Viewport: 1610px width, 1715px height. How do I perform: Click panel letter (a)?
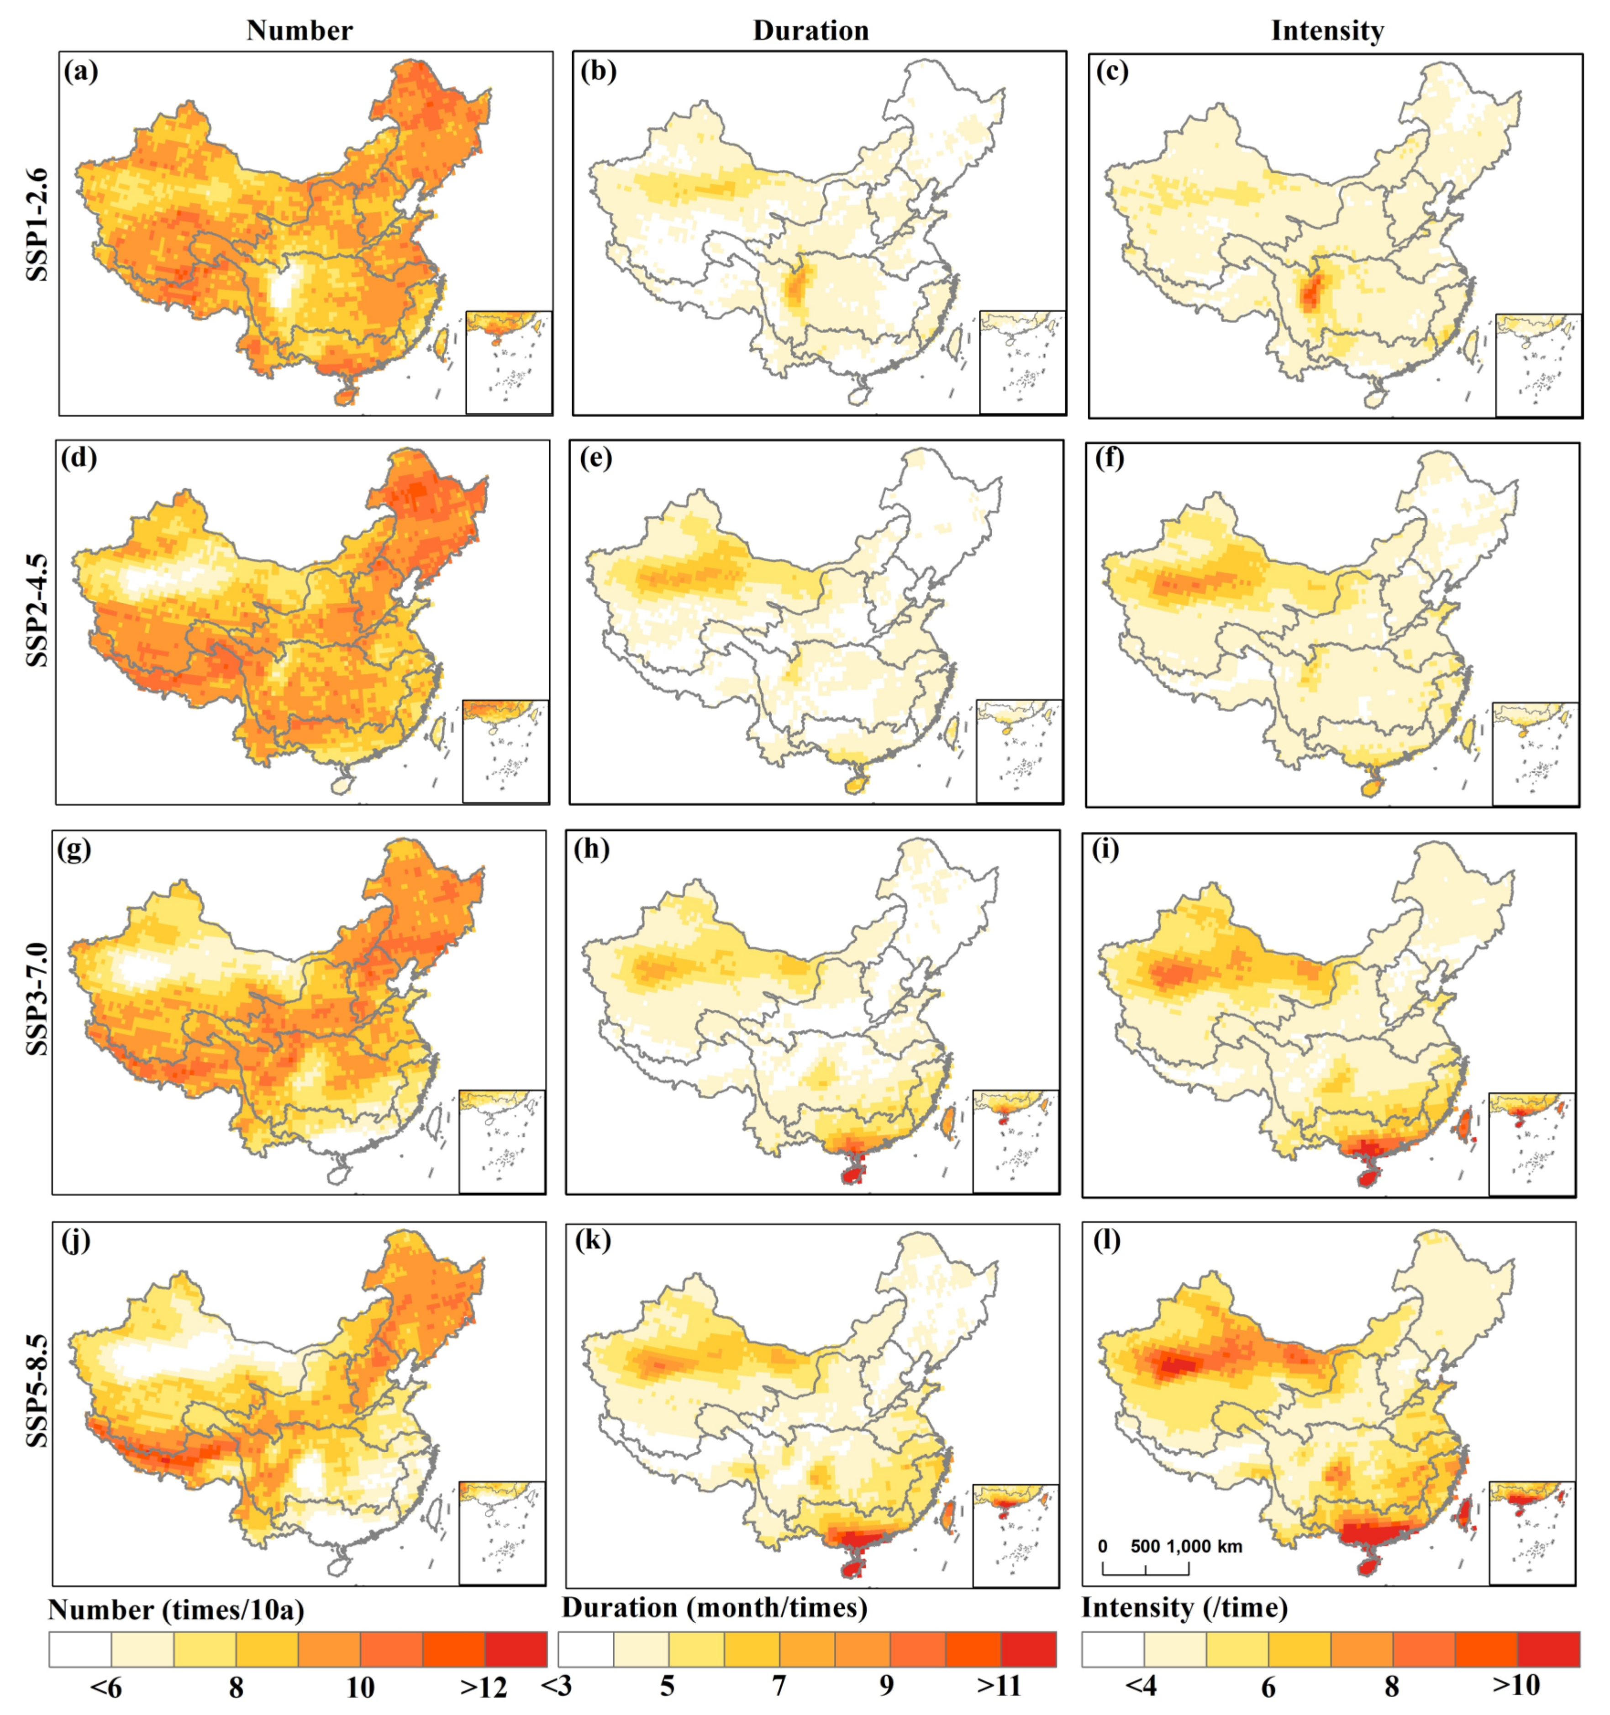tap(81, 71)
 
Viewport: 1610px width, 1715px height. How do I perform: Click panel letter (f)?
tap(1110, 459)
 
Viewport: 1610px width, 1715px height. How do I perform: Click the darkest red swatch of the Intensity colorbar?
tap(1549, 1648)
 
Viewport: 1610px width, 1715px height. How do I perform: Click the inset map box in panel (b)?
tap(1022, 362)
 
